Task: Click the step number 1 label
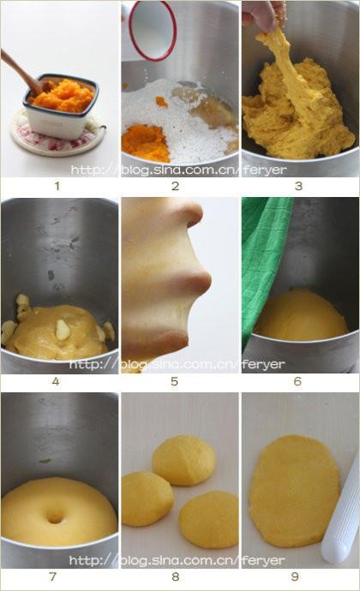(57, 186)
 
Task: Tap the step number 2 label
(176, 186)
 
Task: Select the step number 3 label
(298, 186)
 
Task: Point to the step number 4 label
(56, 381)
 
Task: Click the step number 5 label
(174, 381)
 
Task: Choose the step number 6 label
(297, 381)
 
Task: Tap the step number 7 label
(53, 576)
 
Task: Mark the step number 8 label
(176, 576)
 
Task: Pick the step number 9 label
(295, 576)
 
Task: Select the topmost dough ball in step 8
(184, 460)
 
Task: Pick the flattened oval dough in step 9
(294, 491)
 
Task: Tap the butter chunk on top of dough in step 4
(62, 330)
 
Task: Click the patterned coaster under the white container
(57, 135)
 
